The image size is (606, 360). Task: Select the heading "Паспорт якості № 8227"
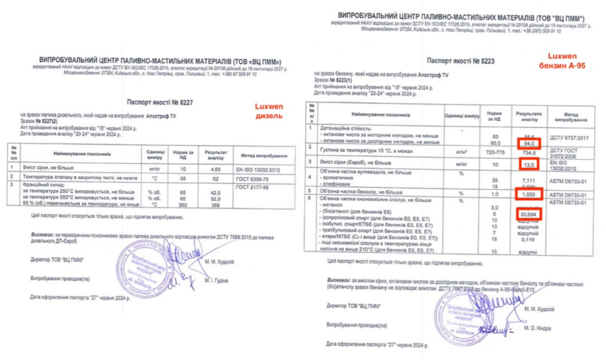pyautogui.click(x=160, y=102)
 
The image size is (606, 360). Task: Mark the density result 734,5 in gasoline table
pyautogui.click(x=528, y=152)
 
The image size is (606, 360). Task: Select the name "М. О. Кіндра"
pyautogui.click(x=537, y=327)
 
